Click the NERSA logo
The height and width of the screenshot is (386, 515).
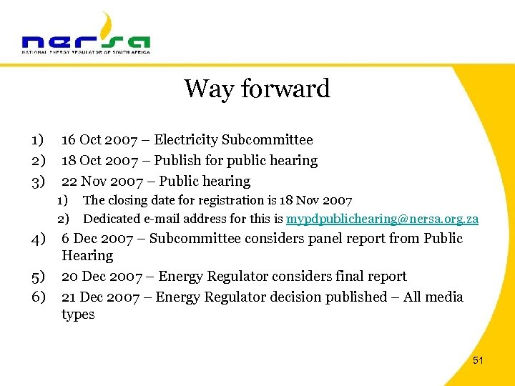click(x=86, y=36)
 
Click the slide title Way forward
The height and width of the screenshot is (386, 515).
click(x=257, y=89)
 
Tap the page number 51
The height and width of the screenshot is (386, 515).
click(x=478, y=361)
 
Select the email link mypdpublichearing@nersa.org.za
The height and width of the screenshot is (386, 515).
click(x=382, y=219)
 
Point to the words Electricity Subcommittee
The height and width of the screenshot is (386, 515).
click(x=233, y=140)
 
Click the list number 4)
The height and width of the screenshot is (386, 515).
click(x=38, y=239)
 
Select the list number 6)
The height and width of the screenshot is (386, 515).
click(x=38, y=297)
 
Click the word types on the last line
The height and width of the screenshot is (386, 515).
click(x=78, y=315)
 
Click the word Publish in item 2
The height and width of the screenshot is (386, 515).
click(x=177, y=161)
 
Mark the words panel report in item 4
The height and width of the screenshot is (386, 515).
click(x=345, y=239)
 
